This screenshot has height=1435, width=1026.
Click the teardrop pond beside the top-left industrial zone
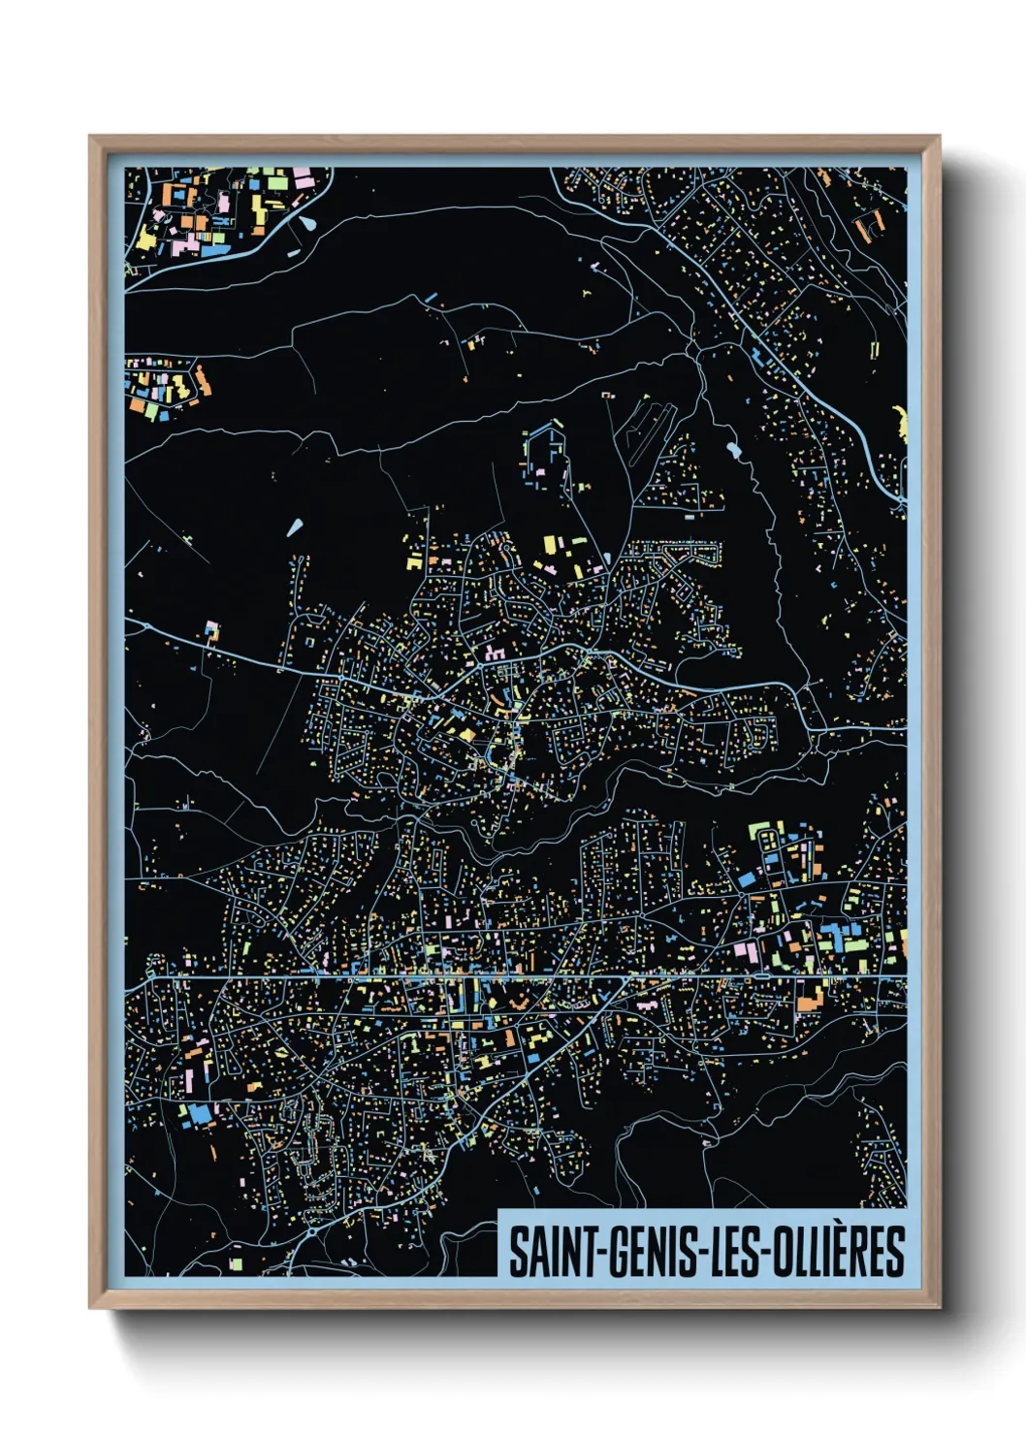307,223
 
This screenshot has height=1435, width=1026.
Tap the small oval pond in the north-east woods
730,450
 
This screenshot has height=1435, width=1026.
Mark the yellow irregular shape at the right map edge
901,423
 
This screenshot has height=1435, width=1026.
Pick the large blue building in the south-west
200,1114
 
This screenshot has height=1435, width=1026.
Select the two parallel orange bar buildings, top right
870,224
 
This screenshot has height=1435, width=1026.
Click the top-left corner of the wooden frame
90,137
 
